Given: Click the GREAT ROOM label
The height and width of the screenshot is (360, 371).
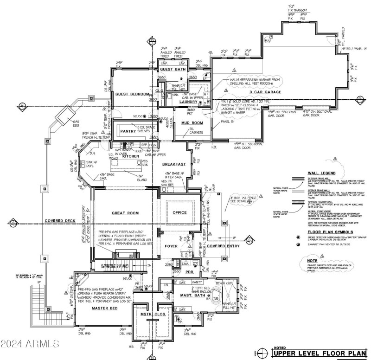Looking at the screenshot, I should (125, 213).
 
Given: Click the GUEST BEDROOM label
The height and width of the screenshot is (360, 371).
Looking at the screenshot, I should (132, 94).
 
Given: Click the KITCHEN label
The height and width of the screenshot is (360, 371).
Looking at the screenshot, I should (130, 157).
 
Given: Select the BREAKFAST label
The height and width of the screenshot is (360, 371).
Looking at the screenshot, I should (174, 164).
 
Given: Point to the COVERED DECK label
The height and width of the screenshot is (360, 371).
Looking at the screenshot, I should (60, 221).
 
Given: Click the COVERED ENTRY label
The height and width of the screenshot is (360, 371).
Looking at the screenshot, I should (223, 246).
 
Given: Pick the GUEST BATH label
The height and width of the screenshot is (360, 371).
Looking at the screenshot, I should (173, 70).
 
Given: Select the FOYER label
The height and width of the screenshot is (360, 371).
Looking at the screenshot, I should (171, 246).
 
